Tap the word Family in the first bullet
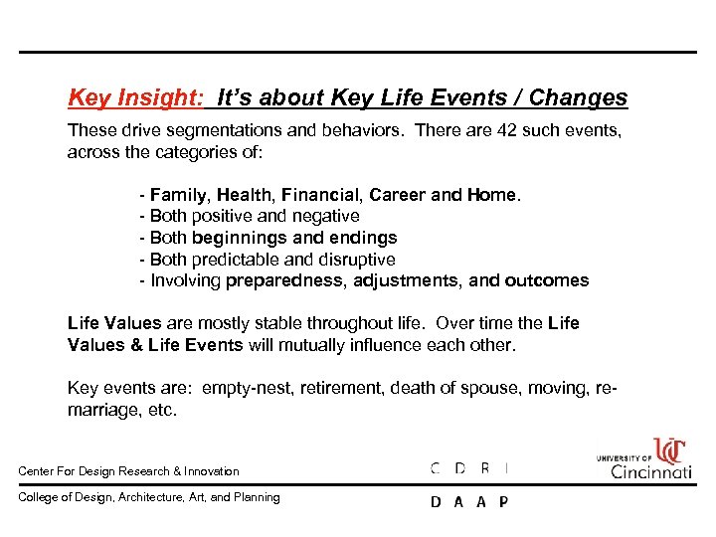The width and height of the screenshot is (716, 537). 179,195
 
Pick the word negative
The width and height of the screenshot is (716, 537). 324,217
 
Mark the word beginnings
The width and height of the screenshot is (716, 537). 244,238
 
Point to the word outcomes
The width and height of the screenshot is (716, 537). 546,280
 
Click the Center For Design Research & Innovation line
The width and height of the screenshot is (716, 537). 129,471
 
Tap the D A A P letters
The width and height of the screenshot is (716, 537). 469,502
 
